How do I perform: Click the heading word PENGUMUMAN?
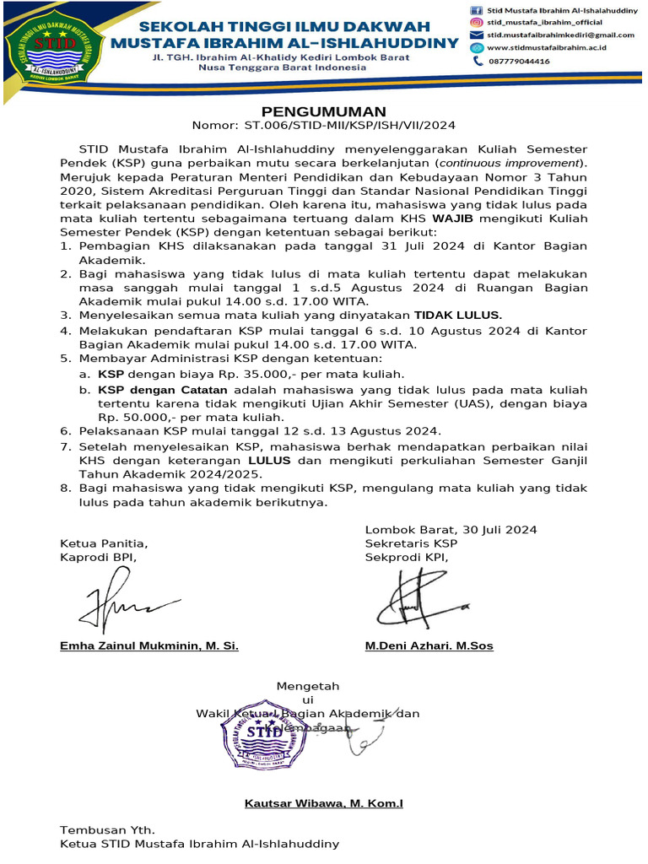coord(323,111)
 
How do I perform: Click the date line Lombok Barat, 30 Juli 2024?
coord(451,530)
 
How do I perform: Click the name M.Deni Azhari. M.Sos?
coord(429,645)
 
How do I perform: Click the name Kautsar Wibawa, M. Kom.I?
coord(323,804)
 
